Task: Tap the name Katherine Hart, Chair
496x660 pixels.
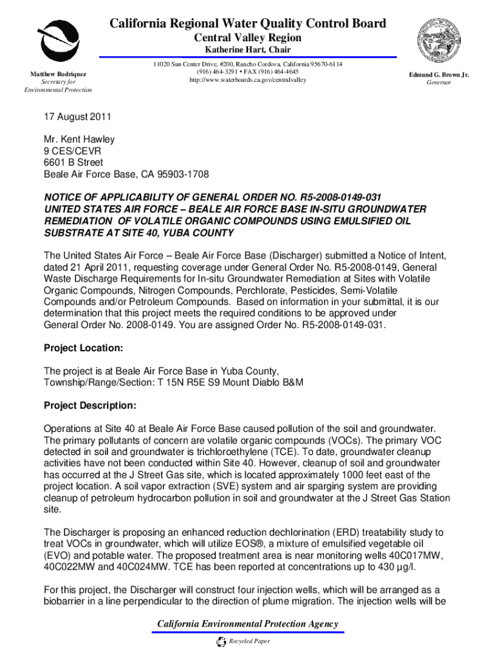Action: [248, 50]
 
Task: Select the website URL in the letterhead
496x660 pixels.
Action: [248, 80]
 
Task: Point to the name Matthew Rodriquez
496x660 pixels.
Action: [59, 75]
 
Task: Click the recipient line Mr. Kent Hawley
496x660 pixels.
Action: [79, 139]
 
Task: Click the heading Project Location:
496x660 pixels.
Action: [83, 348]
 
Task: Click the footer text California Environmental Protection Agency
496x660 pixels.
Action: [248, 624]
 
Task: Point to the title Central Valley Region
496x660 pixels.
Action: [248, 37]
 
